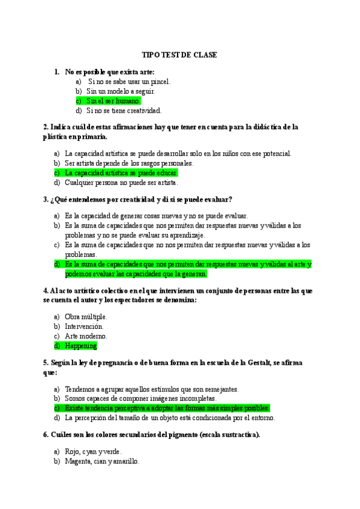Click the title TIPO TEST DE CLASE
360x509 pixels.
point(179,55)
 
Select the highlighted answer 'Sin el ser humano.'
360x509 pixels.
point(113,101)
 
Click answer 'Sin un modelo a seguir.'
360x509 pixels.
point(121,91)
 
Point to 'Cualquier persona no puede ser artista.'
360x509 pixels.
point(121,182)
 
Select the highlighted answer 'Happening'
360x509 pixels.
point(81,346)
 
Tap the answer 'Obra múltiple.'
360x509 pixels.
point(86,316)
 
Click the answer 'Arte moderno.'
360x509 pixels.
point(86,336)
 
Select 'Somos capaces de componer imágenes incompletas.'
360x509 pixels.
point(140,398)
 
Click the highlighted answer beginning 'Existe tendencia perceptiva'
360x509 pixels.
point(167,408)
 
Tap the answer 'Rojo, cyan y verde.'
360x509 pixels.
point(94,451)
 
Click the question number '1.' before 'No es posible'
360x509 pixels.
point(57,72)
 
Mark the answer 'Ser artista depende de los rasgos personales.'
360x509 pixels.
point(129,163)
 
